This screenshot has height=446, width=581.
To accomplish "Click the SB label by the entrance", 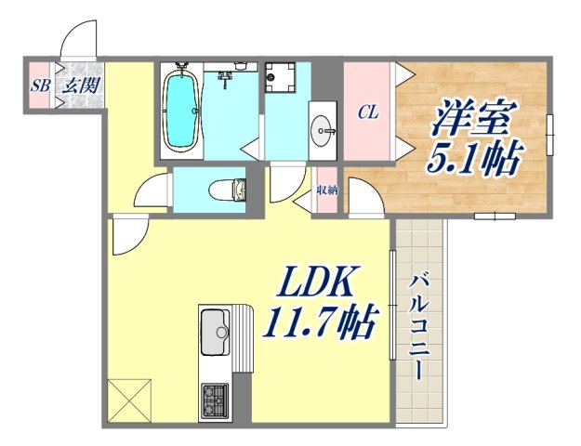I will pos(39,86).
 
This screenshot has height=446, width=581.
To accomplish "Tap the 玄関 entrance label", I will pos(75,86).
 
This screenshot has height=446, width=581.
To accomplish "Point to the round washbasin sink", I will pos(324,127).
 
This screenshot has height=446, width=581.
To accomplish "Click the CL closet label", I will pos(367,112).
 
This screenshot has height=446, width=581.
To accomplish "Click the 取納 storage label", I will pos(326,191).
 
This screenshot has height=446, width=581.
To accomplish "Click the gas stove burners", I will pos(216,401).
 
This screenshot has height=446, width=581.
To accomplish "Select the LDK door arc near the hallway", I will pos(127,235).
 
